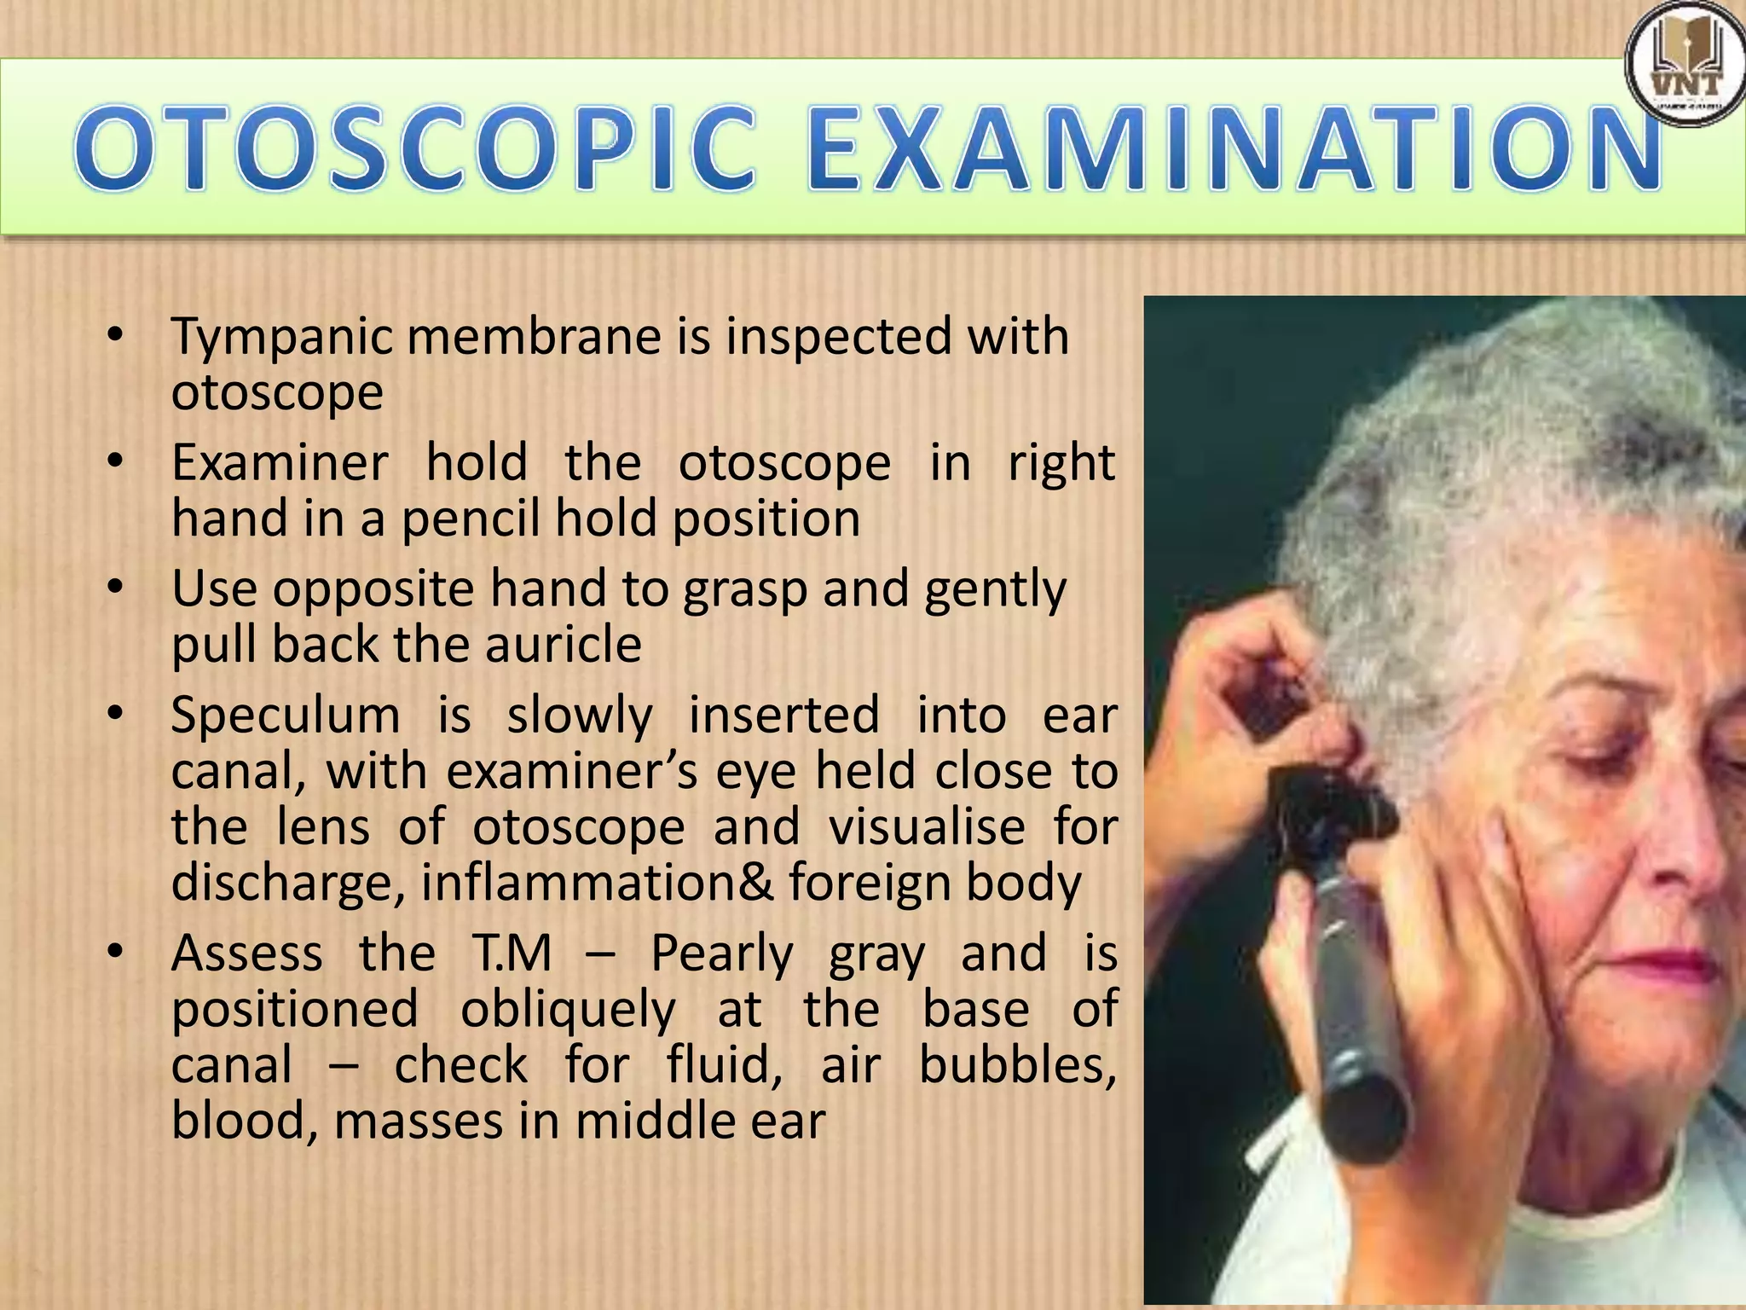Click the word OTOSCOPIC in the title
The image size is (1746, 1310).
pyautogui.click(x=418, y=147)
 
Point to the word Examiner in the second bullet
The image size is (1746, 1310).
pyautogui.click(x=280, y=463)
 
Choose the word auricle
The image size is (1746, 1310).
pyautogui.click(x=563, y=645)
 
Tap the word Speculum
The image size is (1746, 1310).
pyautogui.click(x=285, y=715)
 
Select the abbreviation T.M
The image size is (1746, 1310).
pyautogui.click(x=511, y=954)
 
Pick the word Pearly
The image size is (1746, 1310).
pyautogui.click(x=721, y=954)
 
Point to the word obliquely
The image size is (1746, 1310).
pyautogui.click(x=568, y=1010)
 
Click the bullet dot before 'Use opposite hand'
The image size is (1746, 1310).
pyautogui.click(x=117, y=588)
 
